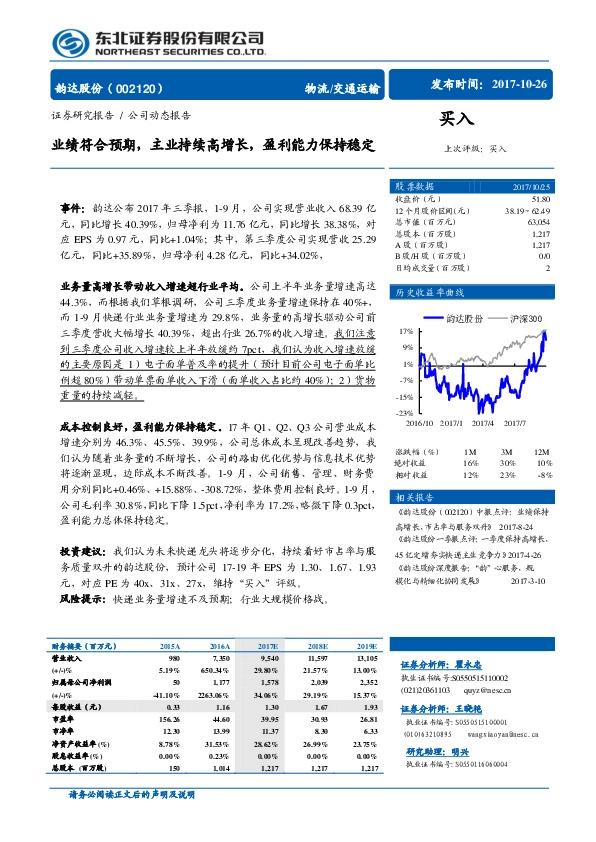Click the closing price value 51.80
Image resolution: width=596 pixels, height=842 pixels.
[540, 198]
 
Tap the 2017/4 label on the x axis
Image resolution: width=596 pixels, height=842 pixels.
[486, 423]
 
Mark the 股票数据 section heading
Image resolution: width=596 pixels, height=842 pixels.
[414, 186]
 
